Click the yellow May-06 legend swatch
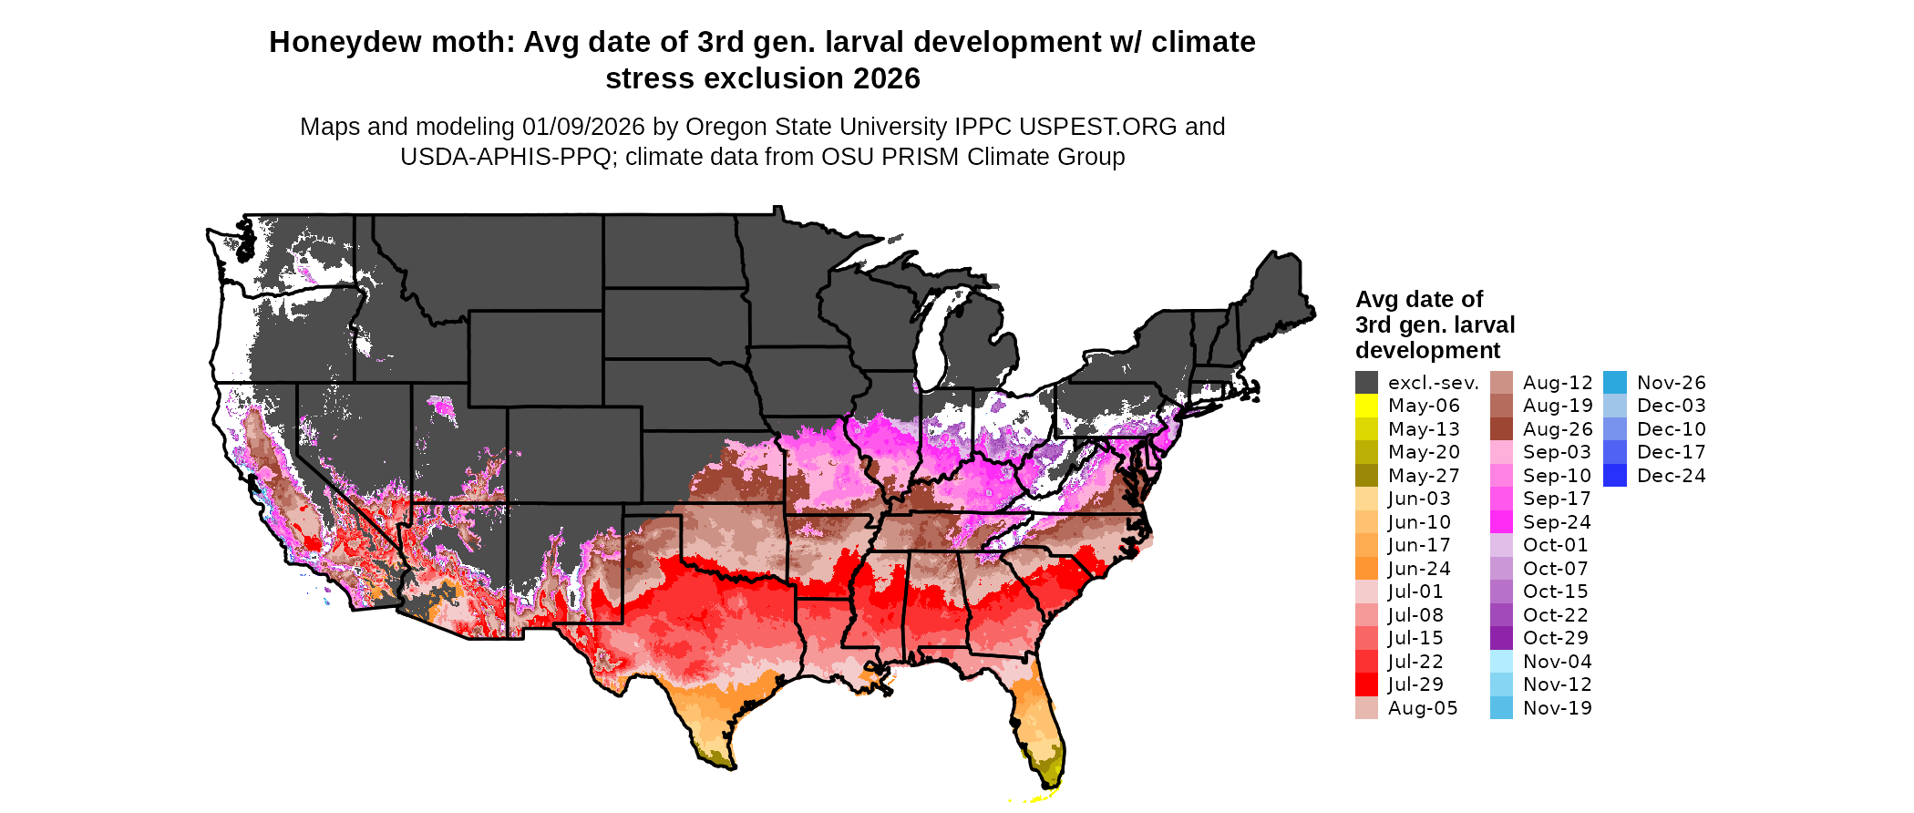1366,406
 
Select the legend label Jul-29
1415,684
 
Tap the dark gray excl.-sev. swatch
1366,383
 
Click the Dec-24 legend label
1671,476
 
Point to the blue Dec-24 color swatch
1614,476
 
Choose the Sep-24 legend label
1557,522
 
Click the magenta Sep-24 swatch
1501,522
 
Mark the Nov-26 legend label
1671,383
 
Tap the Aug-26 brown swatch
1501,429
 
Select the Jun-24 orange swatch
1366,569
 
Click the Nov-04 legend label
1557,662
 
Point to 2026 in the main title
887,79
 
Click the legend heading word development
1427,351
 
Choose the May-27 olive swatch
1366,476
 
